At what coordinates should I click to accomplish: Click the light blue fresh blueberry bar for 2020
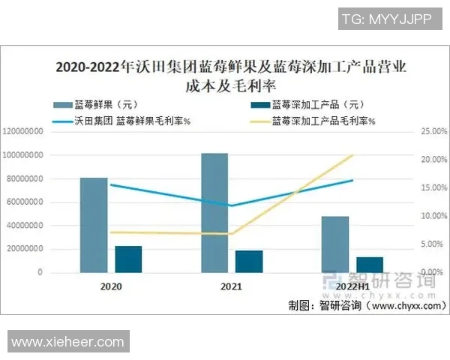click(x=94, y=225)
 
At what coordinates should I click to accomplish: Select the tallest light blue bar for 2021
click(x=214, y=213)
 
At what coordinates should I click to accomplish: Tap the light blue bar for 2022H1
click(x=335, y=244)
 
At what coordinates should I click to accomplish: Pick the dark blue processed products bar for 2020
click(x=128, y=259)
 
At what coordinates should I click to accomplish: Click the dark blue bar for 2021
click(x=249, y=261)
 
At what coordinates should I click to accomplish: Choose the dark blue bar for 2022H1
click(x=370, y=265)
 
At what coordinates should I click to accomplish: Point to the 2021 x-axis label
click(x=231, y=286)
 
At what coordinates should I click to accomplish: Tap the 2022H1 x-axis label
click(x=352, y=286)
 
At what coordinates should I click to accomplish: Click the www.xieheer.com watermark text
click(x=68, y=342)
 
